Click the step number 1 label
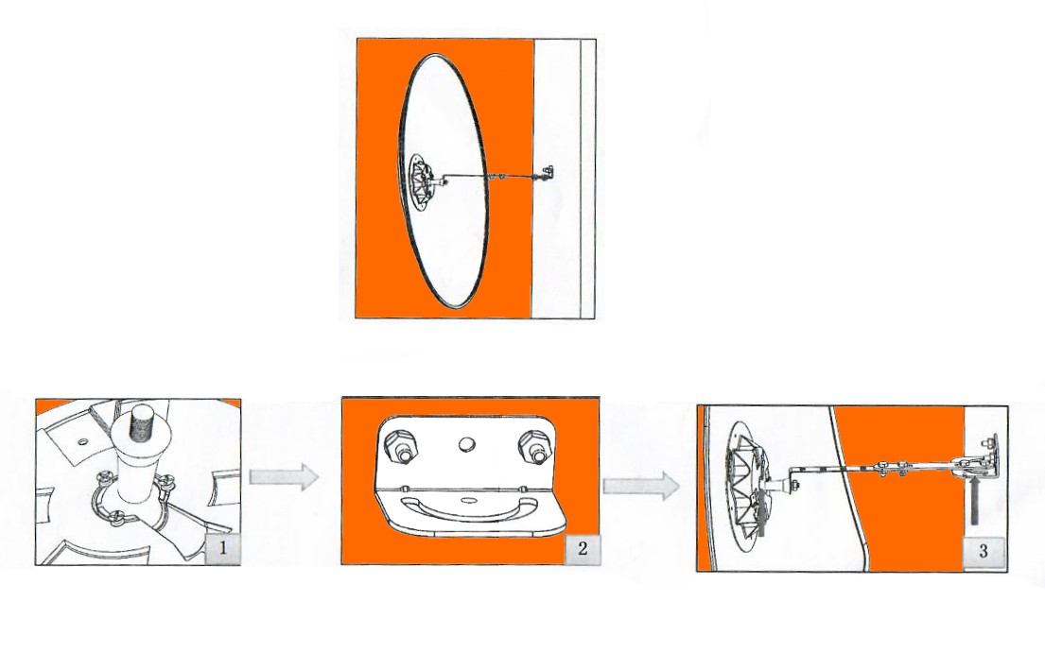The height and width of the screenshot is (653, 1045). pyautogui.click(x=223, y=548)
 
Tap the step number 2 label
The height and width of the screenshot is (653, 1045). pyautogui.click(x=583, y=548)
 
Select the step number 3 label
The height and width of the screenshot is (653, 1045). pyautogui.click(x=983, y=551)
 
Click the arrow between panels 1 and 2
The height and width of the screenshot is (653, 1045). pyautogui.click(x=285, y=477)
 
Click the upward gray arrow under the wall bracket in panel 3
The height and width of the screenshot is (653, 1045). pyautogui.click(x=974, y=499)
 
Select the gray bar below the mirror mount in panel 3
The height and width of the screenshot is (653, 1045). pyautogui.click(x=759, y=519)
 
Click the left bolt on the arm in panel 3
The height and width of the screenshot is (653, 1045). pyautogui.click(x=881, y=467)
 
